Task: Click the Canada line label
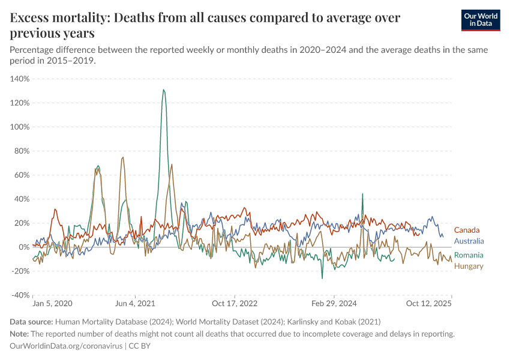[466, 230]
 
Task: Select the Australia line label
[469, 241]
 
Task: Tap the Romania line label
[469, 255]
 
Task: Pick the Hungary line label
[469, 266]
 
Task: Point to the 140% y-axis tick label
[20, 79]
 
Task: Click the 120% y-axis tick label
[20, 103]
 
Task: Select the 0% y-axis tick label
[23, 247]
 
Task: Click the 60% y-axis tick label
[22, 175]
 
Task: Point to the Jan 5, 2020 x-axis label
[52, 304]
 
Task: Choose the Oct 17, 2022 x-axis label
[235, 304]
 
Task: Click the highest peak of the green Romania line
[163, 90]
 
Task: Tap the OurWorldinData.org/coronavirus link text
[66, 346]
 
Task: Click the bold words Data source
[31, 322]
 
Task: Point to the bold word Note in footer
[21, 334]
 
